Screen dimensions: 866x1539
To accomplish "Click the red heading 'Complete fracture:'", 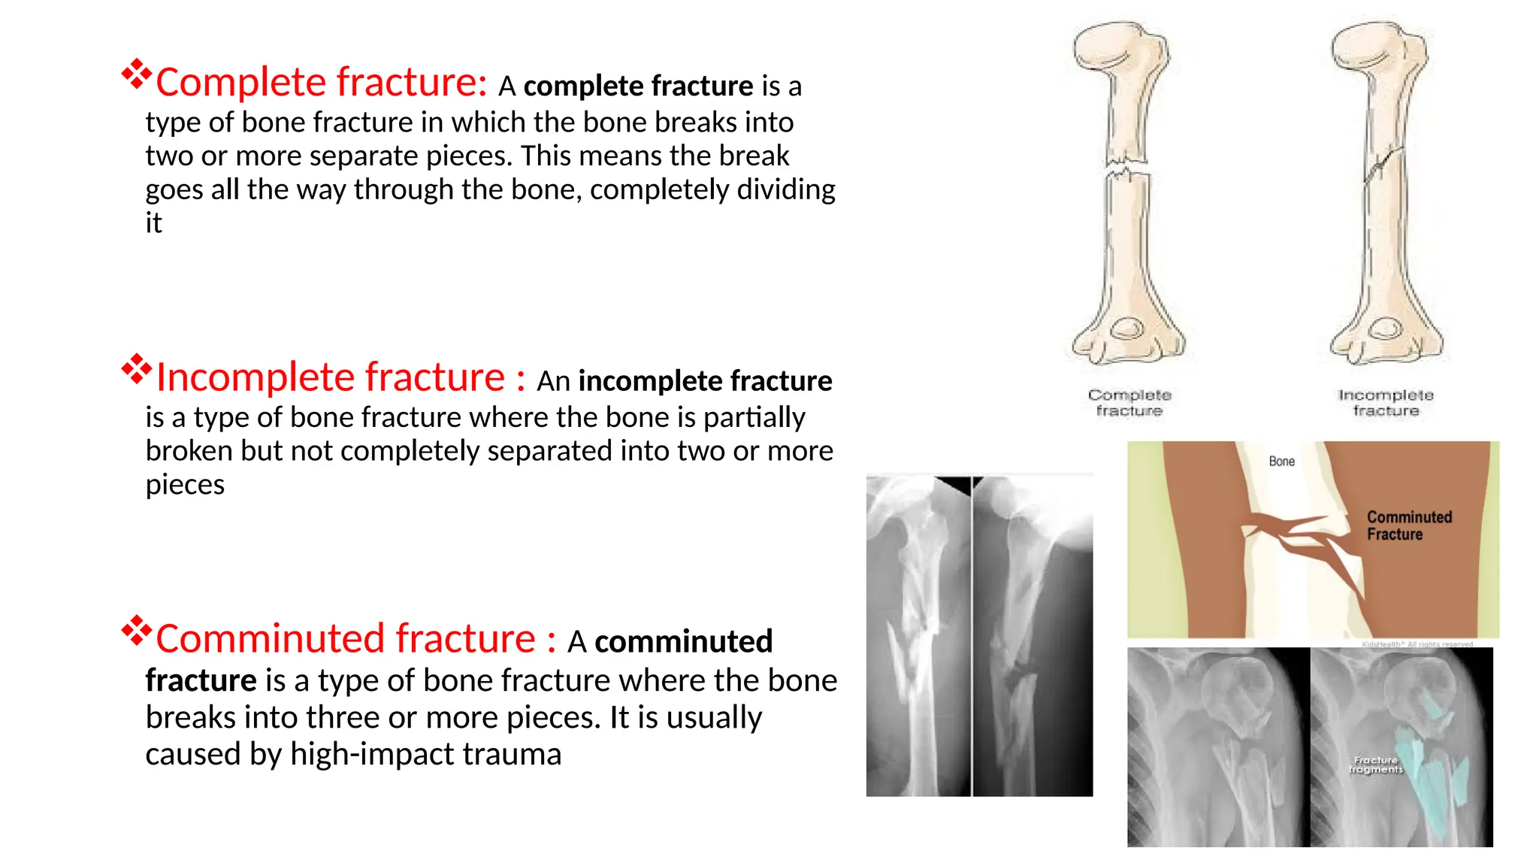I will (x=321, y=83).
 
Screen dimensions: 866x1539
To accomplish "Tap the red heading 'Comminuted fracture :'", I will (x=355, y=639).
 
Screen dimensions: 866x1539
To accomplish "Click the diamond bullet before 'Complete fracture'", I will (x=137, y=74).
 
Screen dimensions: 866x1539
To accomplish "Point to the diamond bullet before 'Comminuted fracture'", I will (x=137, y=631).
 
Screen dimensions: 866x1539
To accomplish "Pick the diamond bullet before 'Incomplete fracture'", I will (x=137, y=369).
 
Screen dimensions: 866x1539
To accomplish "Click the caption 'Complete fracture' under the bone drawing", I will (x=1129, y=403).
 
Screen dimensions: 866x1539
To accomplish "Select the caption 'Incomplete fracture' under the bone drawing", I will (x=1386, y=403).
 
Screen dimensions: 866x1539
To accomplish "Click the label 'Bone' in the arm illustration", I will (x=1281, y=462).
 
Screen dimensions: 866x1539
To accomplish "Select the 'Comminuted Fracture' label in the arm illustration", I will (x=1408, y=525).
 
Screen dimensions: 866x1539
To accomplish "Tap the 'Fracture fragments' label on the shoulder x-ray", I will (x=1375, y=765).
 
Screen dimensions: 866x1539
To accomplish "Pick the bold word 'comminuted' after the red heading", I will (x=683, y=642).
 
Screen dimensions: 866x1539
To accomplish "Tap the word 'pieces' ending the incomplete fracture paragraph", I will (x=185, y=485).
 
